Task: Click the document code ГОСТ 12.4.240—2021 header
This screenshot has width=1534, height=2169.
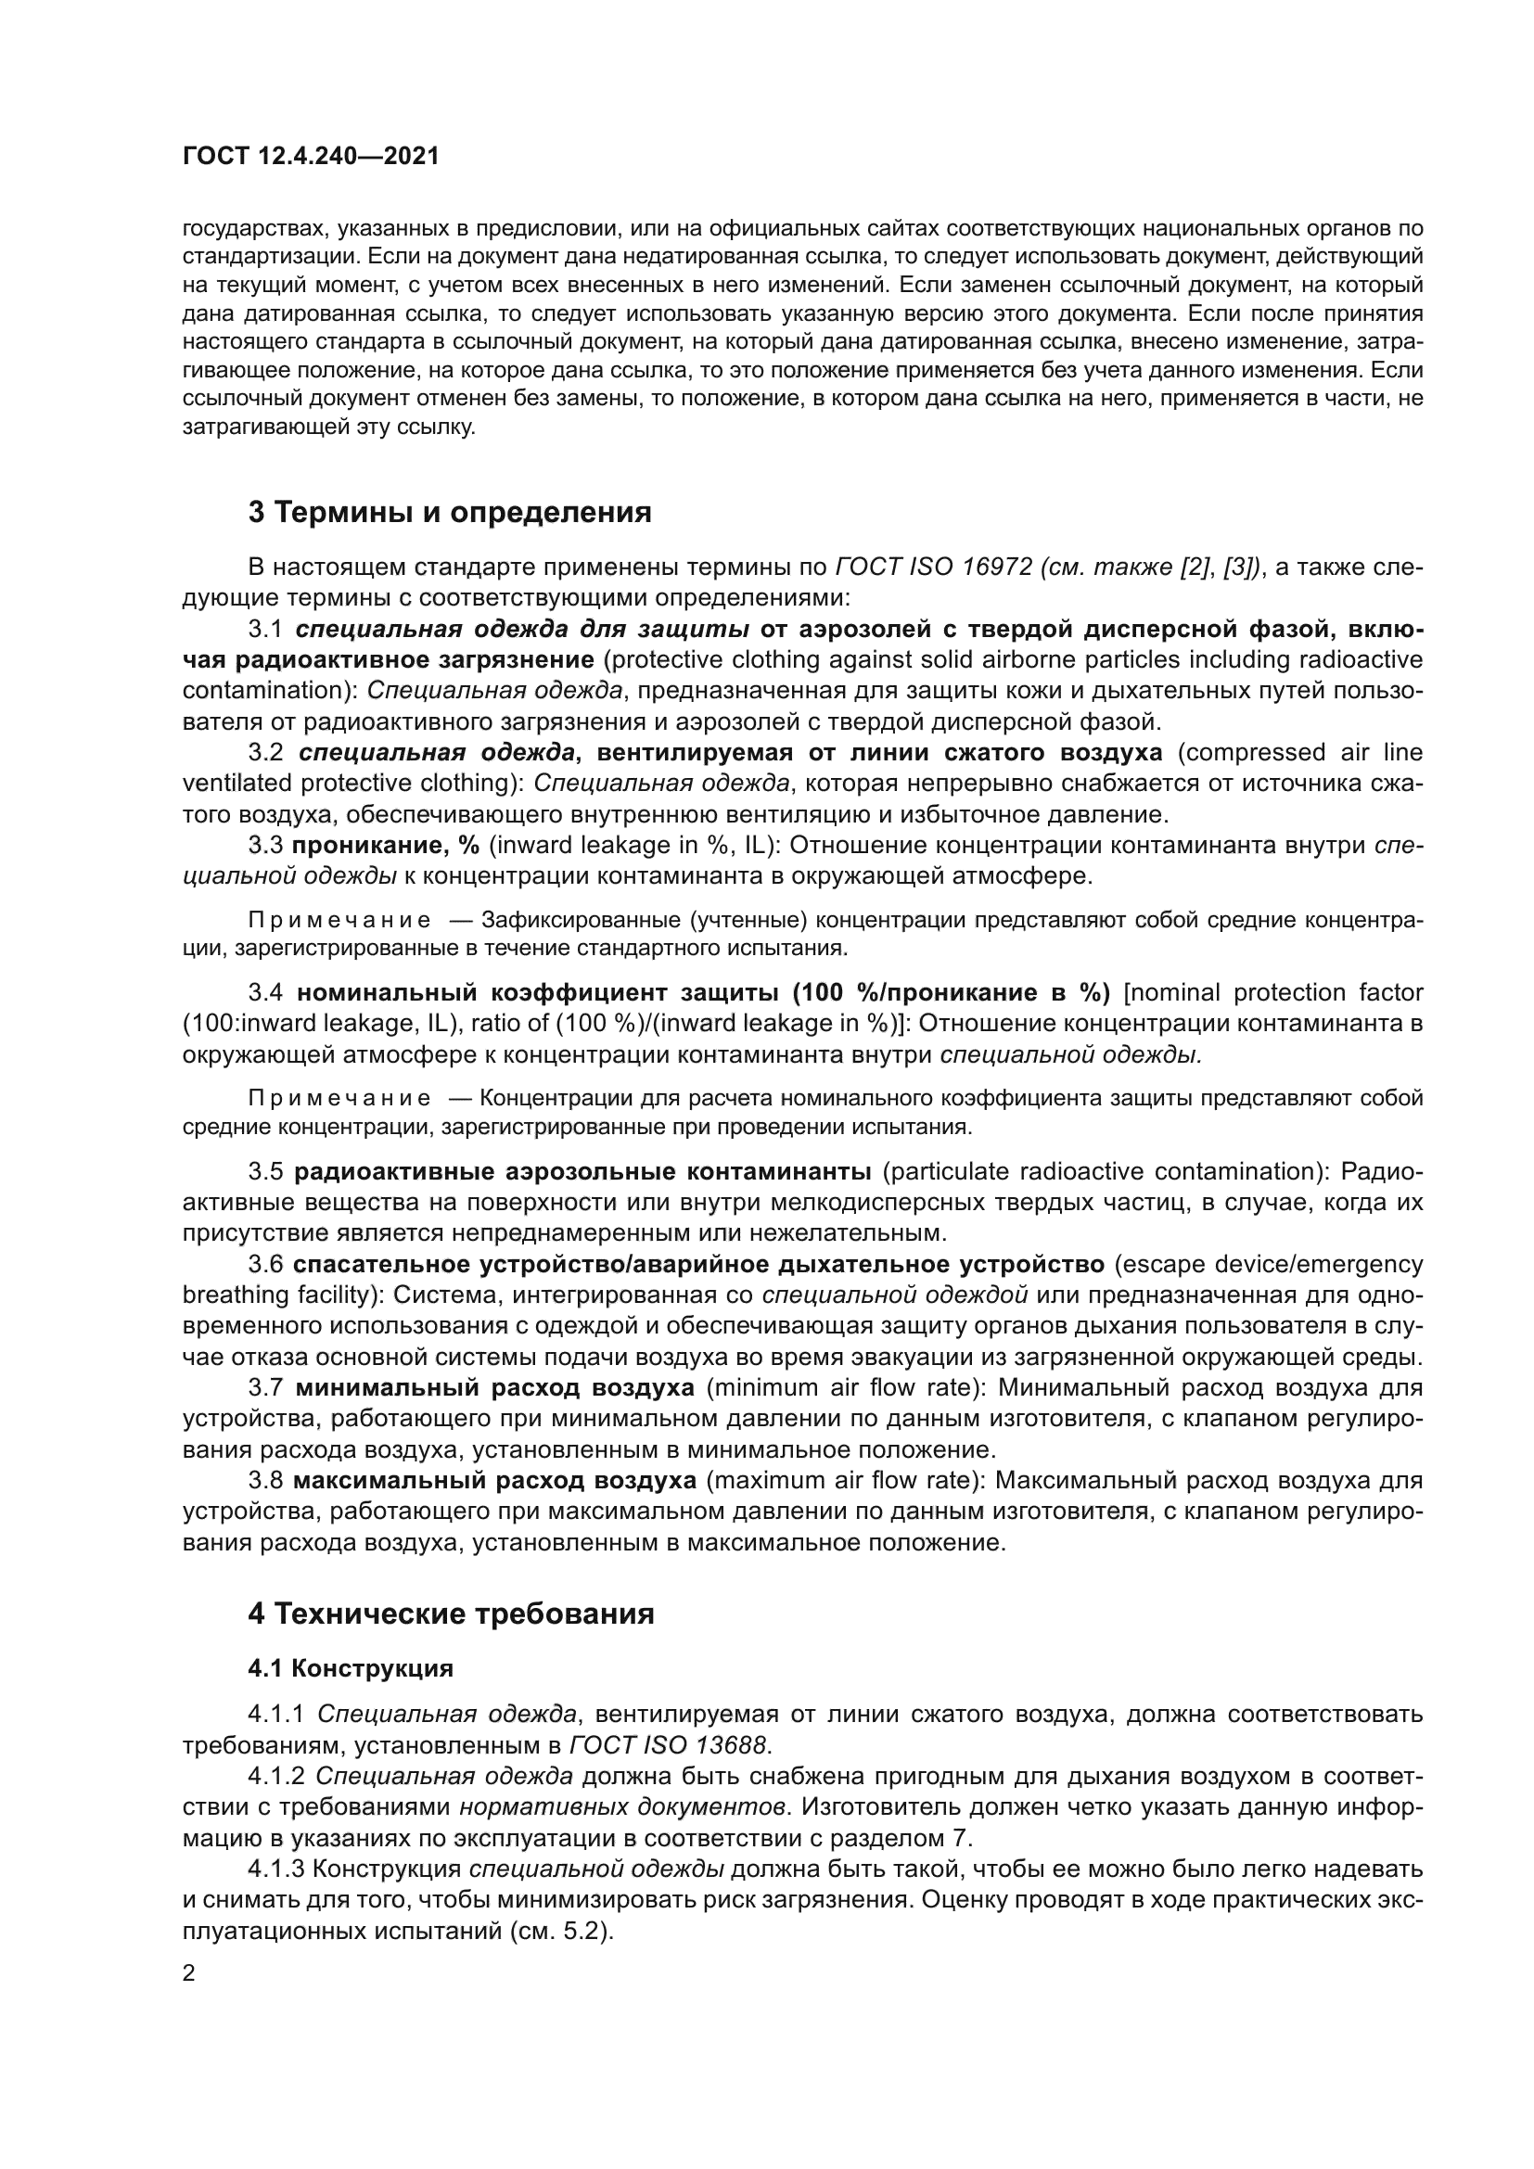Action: [x=311, y=156]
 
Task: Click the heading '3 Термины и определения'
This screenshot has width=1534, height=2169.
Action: [x=450, y=512]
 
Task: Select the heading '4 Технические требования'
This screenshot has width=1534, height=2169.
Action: [x=451, y=1614]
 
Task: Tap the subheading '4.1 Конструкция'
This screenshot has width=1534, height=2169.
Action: [x=351, y=1668]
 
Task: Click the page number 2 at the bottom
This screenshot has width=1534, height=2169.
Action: [x=189, y=1973]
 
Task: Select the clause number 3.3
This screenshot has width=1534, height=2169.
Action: [x=265, y=846]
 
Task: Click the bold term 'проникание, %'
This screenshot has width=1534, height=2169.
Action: [x=386, y=846]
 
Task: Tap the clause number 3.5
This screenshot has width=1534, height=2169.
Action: [x=265, y=1172]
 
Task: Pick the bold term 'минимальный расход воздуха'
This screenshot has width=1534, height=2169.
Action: [x=495, y=1389]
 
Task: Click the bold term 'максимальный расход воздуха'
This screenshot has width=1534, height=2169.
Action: [x=495, y=1481]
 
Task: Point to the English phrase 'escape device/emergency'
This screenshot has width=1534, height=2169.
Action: [x=1268, y=1265]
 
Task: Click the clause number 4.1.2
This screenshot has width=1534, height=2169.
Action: [x=276, y=1777]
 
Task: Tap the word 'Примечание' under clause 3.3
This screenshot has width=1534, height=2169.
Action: [x=340, y=920]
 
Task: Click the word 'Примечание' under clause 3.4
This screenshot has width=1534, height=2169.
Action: [x=340, y=1098]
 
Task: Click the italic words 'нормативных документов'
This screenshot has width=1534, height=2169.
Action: [x=622, y=1807]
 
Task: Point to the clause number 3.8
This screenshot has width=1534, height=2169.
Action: [x=265, y=1481]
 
